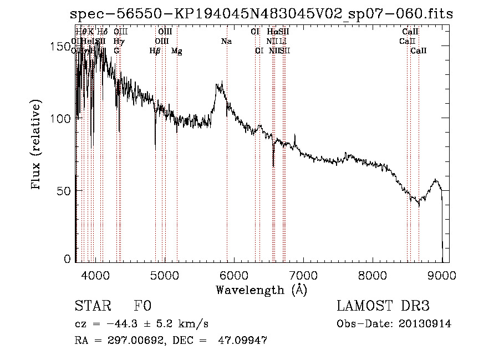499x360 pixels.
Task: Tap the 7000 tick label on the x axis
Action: coord(303,273)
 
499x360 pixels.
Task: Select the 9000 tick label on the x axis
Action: coord(442,273)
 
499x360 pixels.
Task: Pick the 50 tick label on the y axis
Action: coord(64,190)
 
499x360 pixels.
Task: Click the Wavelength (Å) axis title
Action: coord(261,289)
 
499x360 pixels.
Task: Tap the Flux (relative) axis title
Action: coord(37,146)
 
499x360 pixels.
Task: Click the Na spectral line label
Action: coord(226,42)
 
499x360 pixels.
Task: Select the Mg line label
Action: coord(176,51)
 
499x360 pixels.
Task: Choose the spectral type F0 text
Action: coord(142,306)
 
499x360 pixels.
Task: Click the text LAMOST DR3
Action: coord(383,306)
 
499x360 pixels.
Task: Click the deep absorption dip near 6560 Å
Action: coord(273,165)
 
